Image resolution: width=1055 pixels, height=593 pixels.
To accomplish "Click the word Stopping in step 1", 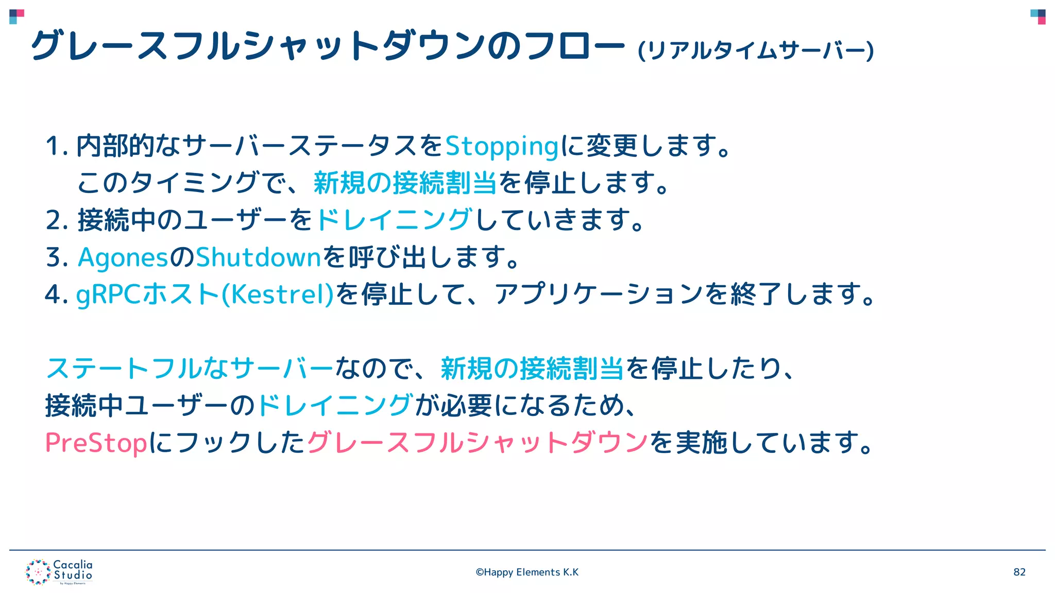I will point(502,146).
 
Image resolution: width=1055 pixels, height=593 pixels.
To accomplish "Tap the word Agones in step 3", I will point(123,257).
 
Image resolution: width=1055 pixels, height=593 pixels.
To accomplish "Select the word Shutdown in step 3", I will point(259,257).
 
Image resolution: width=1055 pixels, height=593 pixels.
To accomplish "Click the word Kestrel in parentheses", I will point(278,294).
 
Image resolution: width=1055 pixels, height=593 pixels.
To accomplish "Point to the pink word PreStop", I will point(96,443).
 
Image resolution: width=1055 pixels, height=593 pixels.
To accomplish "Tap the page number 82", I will point(1019,572).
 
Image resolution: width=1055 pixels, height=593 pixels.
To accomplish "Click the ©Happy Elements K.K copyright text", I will point(527,572).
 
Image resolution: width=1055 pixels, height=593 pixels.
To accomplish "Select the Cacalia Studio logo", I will point(59,572).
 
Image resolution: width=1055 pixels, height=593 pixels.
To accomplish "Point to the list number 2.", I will point(56,220).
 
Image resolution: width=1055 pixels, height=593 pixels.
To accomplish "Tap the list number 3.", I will point(56,257).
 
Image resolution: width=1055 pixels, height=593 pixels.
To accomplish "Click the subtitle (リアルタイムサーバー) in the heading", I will point(756,50).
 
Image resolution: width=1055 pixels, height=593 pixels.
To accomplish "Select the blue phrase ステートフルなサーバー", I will point(190,369).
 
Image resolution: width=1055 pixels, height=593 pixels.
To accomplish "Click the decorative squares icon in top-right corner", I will point(1037,16).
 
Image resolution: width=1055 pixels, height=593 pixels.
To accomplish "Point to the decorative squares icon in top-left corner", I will point(16,16).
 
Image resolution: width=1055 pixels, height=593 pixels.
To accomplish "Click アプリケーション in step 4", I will point(599,294).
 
